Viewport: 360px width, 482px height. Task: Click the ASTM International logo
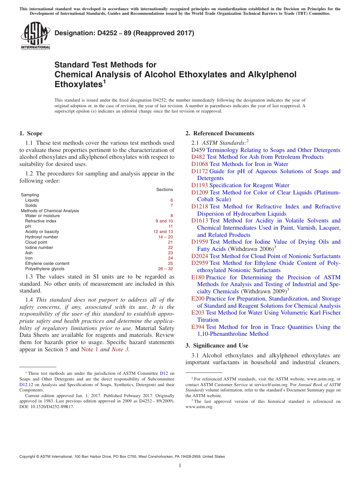pos(35,36)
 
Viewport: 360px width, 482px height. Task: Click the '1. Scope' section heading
pos(31,133)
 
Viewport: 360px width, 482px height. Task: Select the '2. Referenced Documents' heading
pos(220,133)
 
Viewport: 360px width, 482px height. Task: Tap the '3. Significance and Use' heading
pos(217,346)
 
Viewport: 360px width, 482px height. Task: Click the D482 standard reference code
pos(198,157)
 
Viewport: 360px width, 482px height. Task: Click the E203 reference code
pos(198,313)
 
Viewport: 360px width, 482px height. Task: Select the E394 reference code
pos(198,327)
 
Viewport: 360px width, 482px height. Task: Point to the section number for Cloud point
pos(170,242)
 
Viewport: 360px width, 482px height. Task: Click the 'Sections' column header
pos(164,189)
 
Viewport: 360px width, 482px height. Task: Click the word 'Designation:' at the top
pos(72,33)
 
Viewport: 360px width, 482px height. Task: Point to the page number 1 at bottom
pos(180,465)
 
